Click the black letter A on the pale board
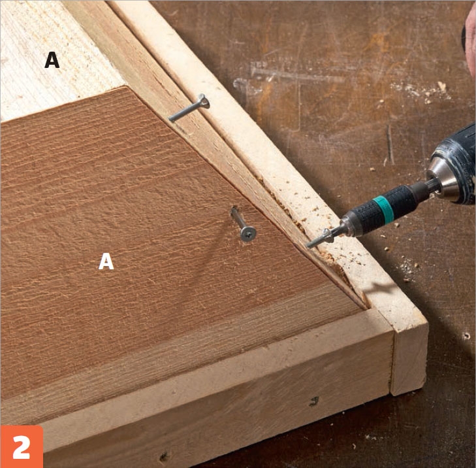pyautogui.click(x=52, y=60)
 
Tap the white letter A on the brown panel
pyautogui.click(x=106, y=261)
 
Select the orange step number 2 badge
pyautogui.click(x=22, y=446)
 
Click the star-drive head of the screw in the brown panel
pyautogui.click(x=248, y=233)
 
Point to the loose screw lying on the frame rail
pyautogui.click(x=189, y=108)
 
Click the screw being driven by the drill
pyautogui.click(x=319, y=240)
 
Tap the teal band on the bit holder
pyautogui.click(x=384, y=210)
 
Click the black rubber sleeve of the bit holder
pyautogui.click(x=383, y=211)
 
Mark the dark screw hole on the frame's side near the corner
pyautogui.click(x=314, y=401)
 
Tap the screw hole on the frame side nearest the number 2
pyautogui.click(x=164, y=456)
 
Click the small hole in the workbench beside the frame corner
pyautogui.click(x=466, y=336)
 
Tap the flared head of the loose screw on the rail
pyautogui.click(x=203, y=101)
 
